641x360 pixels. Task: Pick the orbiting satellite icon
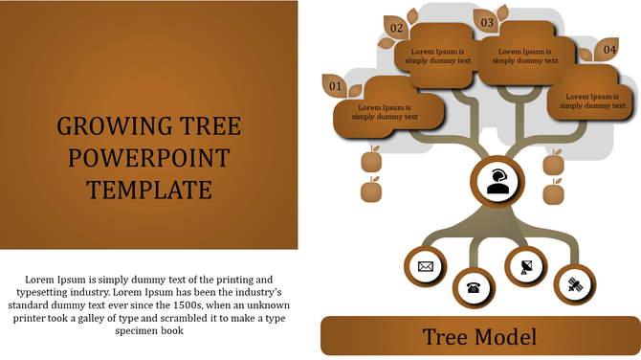point(575,283)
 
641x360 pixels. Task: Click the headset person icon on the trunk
point(497,181)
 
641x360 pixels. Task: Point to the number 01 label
point(335,87)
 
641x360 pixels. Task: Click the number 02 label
point(396,29)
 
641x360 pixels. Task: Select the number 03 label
point(487,22)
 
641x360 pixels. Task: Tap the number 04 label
point(609,49)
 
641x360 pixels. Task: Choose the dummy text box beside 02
point(439,56)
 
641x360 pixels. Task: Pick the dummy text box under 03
point(525,56)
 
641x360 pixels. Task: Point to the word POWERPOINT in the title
point(149,158)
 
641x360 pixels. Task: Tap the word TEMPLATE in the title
point(149,190)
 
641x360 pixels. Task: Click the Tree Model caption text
point(479,337)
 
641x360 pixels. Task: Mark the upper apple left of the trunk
point(372,159)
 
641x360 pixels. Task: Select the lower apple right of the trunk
point(554,194)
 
